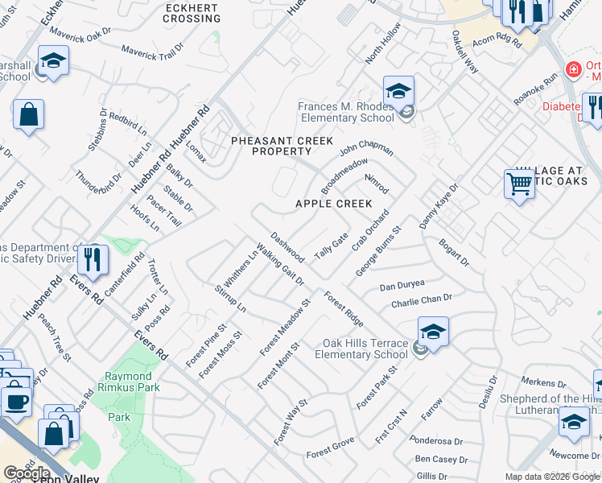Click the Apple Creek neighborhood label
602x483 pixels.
pyautogui.click(x=333, y=204)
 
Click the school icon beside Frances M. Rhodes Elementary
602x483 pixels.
pyautogui.click(x=398, y=93)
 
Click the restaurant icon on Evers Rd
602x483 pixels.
pyautogui.click(x=93, y=260)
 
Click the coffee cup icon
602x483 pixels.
pyautogui.click(x=15, y=400)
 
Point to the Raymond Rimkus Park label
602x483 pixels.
pyautogui.click(x=129, y=382)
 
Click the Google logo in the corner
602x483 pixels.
pyautogui.click(x=27, y=473)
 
